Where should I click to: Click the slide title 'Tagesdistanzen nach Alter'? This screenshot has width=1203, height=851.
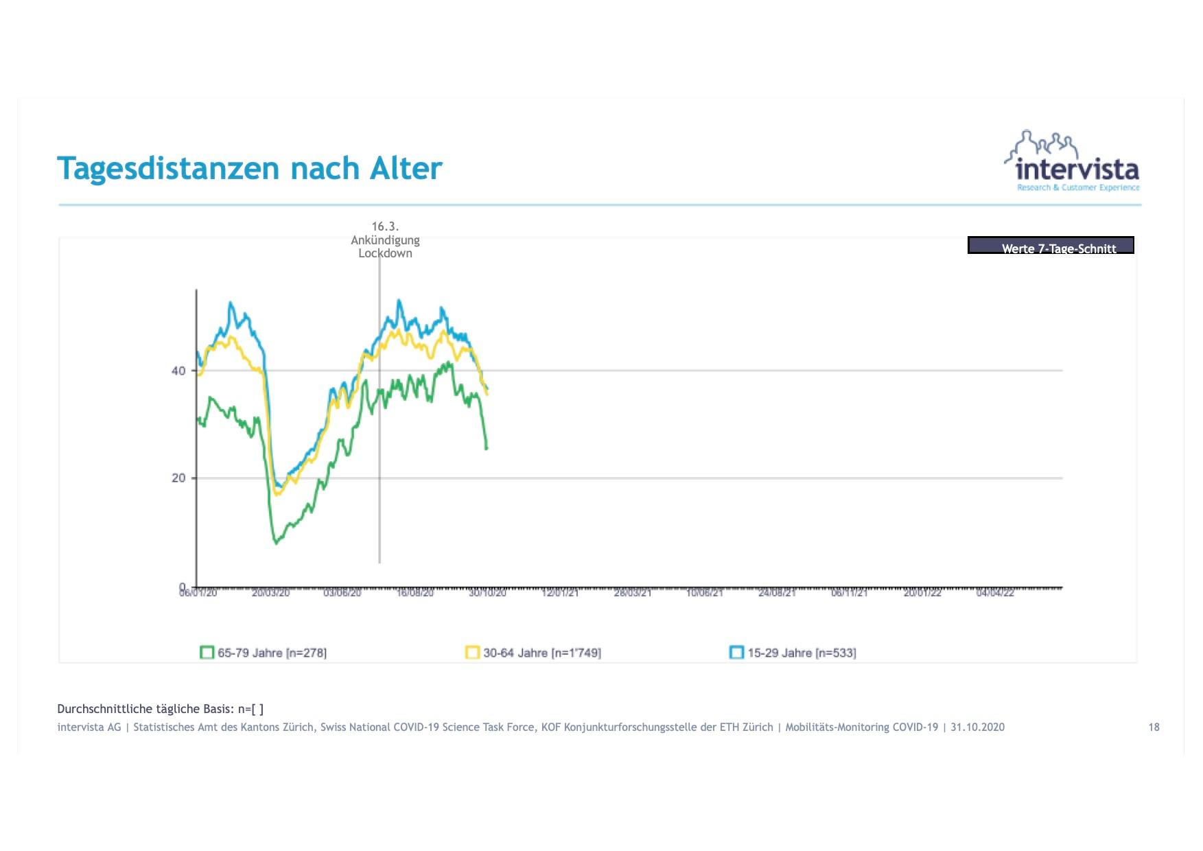click(x=249, y=168)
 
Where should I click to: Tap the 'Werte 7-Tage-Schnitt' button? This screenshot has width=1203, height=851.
click(x=1050, y=246)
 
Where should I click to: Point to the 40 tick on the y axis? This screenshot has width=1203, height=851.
click(x=178, y=371)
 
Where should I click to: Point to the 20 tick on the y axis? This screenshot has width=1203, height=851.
click(x=178, y=478)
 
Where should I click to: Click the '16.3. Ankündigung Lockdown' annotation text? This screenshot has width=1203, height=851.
click(x=385, y=240)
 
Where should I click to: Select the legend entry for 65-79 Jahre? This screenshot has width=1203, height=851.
click(x=264, y=653)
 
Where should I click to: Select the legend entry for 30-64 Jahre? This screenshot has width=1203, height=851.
click(x=534, y=653)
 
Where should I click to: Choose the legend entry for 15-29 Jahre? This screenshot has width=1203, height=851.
click(x=793, y=653)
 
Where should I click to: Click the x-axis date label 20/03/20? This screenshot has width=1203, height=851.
click(x=270, y=593)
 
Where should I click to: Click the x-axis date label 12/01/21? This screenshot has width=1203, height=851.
click(x=560, y=593)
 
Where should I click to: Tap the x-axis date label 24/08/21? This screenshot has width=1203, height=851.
click(x=777, y=593)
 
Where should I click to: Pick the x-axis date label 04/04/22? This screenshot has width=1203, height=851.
click(x=994, y=593)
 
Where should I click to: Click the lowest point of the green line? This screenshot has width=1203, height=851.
click(x=277, y=543)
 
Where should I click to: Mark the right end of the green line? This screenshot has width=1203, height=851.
click(x=487, y=448)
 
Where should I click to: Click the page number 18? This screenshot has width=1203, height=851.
click(x=1154, y=727)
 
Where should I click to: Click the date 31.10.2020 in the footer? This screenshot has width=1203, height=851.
click(x=977, y=727)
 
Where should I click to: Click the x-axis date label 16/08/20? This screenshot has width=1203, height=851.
click(x=415, y=593)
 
